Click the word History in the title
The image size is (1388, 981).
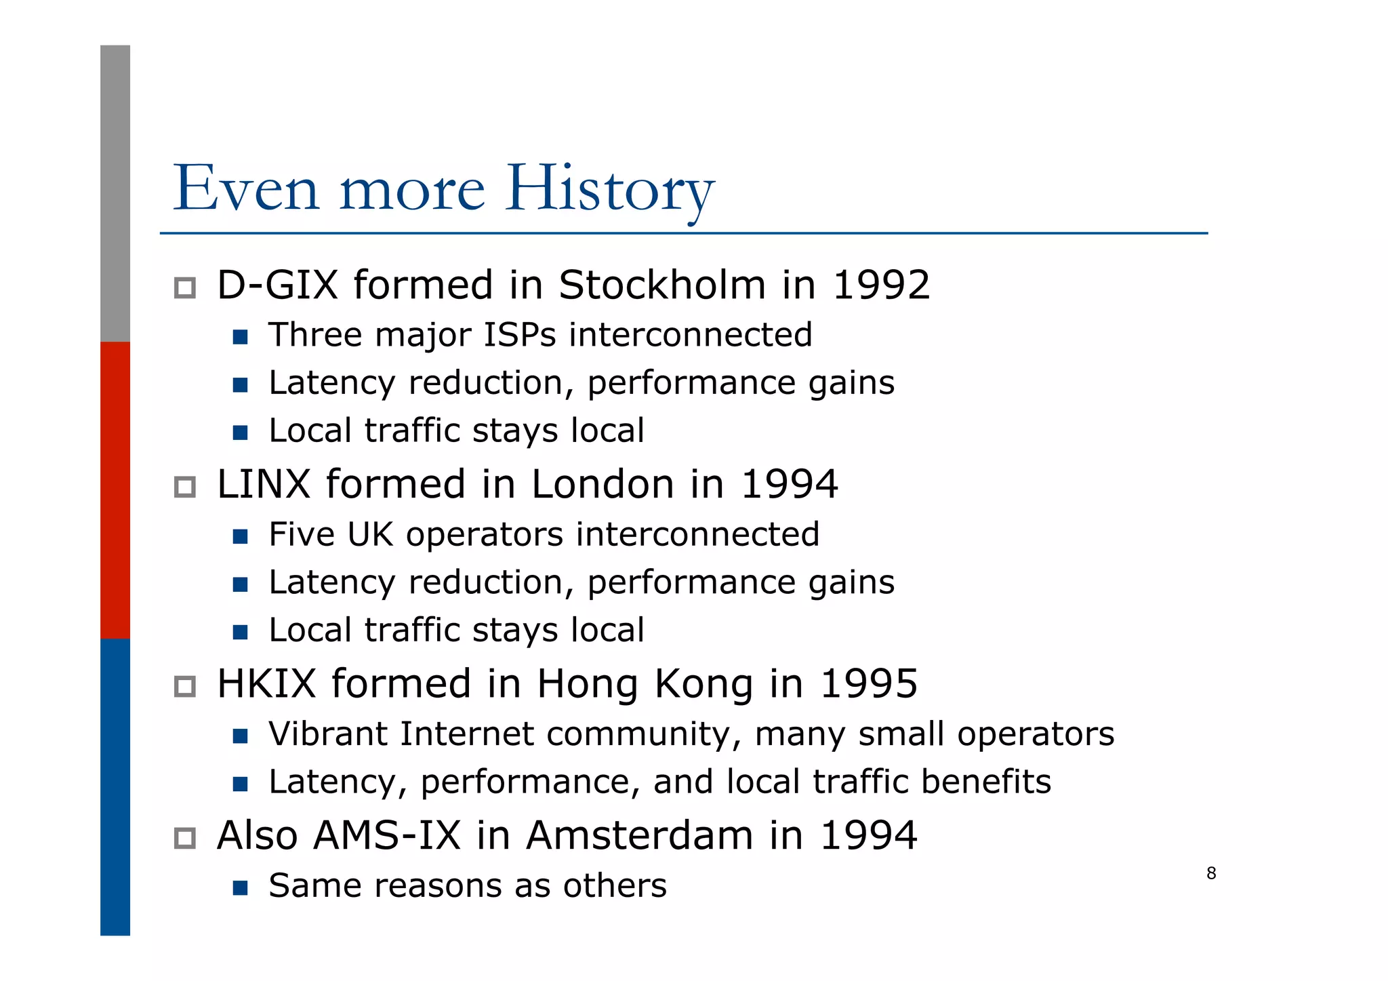click(609, 188)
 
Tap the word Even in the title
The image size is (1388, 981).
click(246, 188)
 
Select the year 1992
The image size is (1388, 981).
click(880, 285)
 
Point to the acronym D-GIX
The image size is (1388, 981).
click(277, 285)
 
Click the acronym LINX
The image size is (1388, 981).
click(264, 484)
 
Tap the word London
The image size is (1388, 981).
click(603, 484)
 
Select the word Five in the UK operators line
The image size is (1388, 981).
click(302, 534)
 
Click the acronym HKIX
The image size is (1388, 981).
click(266, 683)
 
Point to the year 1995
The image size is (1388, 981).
click(869, 683)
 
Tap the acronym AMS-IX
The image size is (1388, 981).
click(387, 835)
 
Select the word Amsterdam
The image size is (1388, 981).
click(640, 835)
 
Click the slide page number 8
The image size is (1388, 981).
click(1211, 873)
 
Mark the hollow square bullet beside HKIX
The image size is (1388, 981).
click(185, 686)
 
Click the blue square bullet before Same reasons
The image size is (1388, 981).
click(240, 887)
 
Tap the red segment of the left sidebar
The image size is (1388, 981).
click(115, 490)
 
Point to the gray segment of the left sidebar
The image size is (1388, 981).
click(115, 193)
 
